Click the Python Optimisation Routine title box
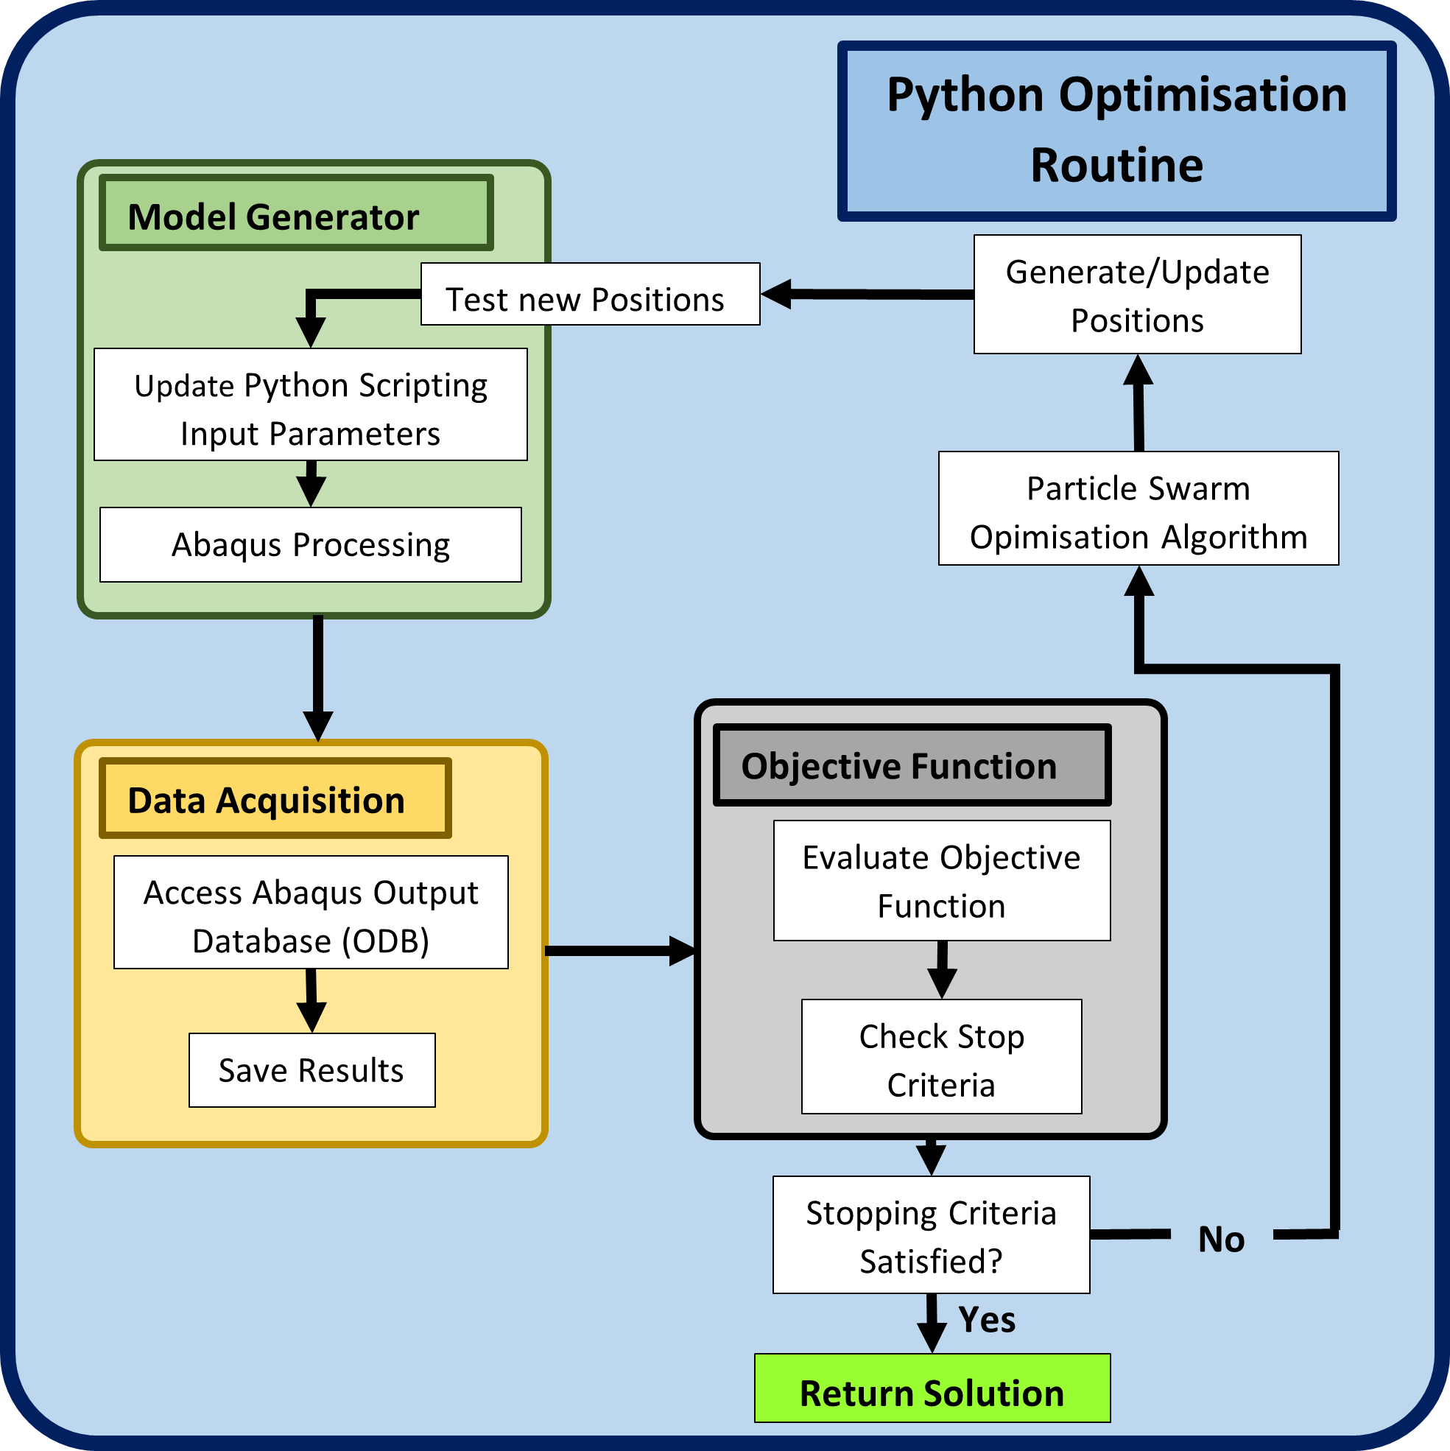click(1116, 130)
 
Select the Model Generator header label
click(296, 213)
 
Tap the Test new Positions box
click(590, 294)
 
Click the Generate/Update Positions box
click(1138, 295)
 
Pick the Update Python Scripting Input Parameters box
click(311, 404)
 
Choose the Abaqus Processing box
click(311, 544)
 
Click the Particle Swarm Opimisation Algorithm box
click(1138, 507)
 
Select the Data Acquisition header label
click(275, 798)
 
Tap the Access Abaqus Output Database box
click(311, 912)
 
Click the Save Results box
click(312, 1069)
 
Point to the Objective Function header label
click(912, 765)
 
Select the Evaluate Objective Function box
click(942, 880)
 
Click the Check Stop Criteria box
click(942, 1056)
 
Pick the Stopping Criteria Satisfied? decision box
click(931, 1234)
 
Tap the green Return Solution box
click(932, 1388)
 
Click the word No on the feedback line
click(1221, 1239)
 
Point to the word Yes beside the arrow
click(987, 1320)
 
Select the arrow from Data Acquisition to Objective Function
click(620, 951)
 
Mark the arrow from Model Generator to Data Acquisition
click(318, 678)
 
